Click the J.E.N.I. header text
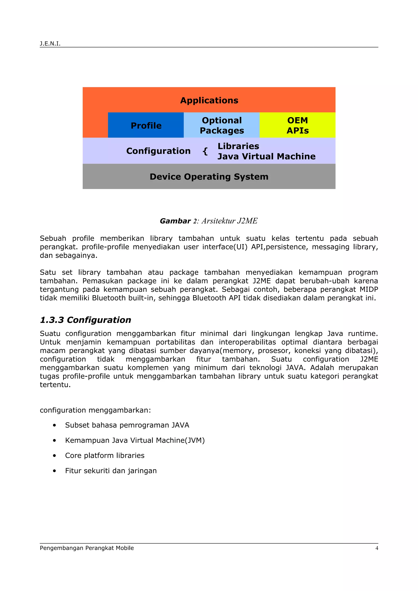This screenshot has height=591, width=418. pos(50,43)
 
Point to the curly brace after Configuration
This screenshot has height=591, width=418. pos(205,151)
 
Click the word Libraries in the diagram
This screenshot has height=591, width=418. pos(238,146)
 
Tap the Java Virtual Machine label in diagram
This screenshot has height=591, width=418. pos(266,156)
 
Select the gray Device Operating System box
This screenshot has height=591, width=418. pos(209,177)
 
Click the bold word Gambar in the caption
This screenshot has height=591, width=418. pos(175,221)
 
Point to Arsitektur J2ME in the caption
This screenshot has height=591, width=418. pos(229,221)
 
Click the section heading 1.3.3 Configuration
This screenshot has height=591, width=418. pos(85,320)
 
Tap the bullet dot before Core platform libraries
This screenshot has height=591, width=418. pos(54,456)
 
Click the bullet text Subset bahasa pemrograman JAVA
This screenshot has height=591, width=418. pos(127,425)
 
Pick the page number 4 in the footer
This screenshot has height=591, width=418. pos(377,548)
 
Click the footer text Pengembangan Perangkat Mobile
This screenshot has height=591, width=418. pos(87,548)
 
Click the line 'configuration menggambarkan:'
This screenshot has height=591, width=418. pos(95,410)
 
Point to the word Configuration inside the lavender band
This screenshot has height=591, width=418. pos(158,151)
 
